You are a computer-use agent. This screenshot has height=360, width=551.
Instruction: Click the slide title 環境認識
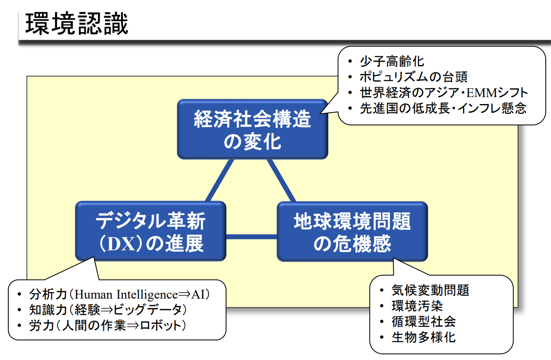(77, 24)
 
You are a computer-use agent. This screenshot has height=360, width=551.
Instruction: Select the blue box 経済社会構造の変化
(252, 129)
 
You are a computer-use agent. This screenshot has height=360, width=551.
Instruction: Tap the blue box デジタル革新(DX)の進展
(151, 231)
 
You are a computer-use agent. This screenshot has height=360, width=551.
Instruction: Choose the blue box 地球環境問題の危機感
(352, 232)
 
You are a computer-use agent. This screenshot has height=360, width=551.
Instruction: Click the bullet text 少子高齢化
(392, 61)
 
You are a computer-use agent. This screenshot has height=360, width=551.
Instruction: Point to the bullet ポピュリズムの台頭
(413, 77)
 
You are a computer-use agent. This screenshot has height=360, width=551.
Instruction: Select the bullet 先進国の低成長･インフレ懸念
(443, 108)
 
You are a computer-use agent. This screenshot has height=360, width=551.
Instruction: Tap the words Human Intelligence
(126, 295)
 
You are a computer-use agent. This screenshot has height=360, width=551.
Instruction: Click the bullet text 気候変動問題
(430, 290)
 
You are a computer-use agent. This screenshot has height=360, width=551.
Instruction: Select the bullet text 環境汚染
(417, 306)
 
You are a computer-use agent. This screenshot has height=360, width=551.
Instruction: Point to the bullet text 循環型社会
(424, 322)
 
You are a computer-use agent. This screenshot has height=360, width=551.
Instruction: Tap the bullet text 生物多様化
(424, 337)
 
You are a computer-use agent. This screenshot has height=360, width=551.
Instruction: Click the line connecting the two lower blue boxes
(251, 236)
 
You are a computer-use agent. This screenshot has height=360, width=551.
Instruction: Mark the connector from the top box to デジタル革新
(220, 180)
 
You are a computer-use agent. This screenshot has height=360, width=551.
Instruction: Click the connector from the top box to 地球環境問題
(281, 181)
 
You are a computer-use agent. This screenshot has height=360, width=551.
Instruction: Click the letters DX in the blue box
(122, 245)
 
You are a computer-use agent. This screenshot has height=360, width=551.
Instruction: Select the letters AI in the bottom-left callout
(198, 295)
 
